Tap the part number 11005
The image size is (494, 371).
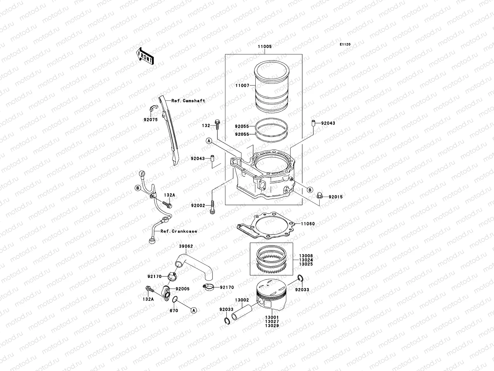tap(265, 47)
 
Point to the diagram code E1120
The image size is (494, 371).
tap(345, 45)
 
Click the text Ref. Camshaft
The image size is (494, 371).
tap(188, 101)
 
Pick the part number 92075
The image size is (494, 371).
tap(150, 119)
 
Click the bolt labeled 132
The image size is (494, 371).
tap(217, 125)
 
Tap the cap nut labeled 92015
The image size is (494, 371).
tap(320, 196)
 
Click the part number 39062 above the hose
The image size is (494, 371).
tap(186, 246)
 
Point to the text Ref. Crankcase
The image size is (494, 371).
tap(178, 231)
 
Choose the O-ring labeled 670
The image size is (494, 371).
tap(174, 299)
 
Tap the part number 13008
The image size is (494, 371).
tap(306, 256)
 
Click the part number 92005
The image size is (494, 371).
tap(182, 289)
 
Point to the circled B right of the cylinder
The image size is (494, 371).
tap(310, 190)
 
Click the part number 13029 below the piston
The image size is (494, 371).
tap(272, 326)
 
